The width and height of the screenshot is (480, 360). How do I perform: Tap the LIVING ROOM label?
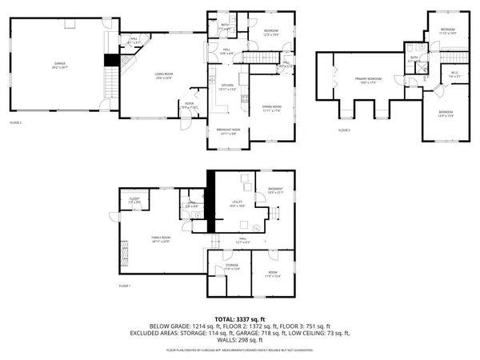tap(164, 74)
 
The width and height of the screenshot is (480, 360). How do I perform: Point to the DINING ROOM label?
tap(272, 107)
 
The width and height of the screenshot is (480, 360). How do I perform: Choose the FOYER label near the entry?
tap(190, 103)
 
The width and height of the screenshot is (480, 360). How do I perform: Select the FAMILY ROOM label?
tap(162, 238)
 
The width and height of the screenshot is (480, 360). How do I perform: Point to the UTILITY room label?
tap(238, 202)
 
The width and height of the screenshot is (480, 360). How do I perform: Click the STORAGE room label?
tap(232, 266)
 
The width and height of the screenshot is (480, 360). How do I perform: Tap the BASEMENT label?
tap(275, 190)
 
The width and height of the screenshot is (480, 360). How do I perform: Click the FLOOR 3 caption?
tap(344, 130)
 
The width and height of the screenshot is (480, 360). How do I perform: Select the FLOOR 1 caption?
tap(124, 286)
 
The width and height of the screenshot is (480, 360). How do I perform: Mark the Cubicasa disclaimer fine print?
tap(240, 350)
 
